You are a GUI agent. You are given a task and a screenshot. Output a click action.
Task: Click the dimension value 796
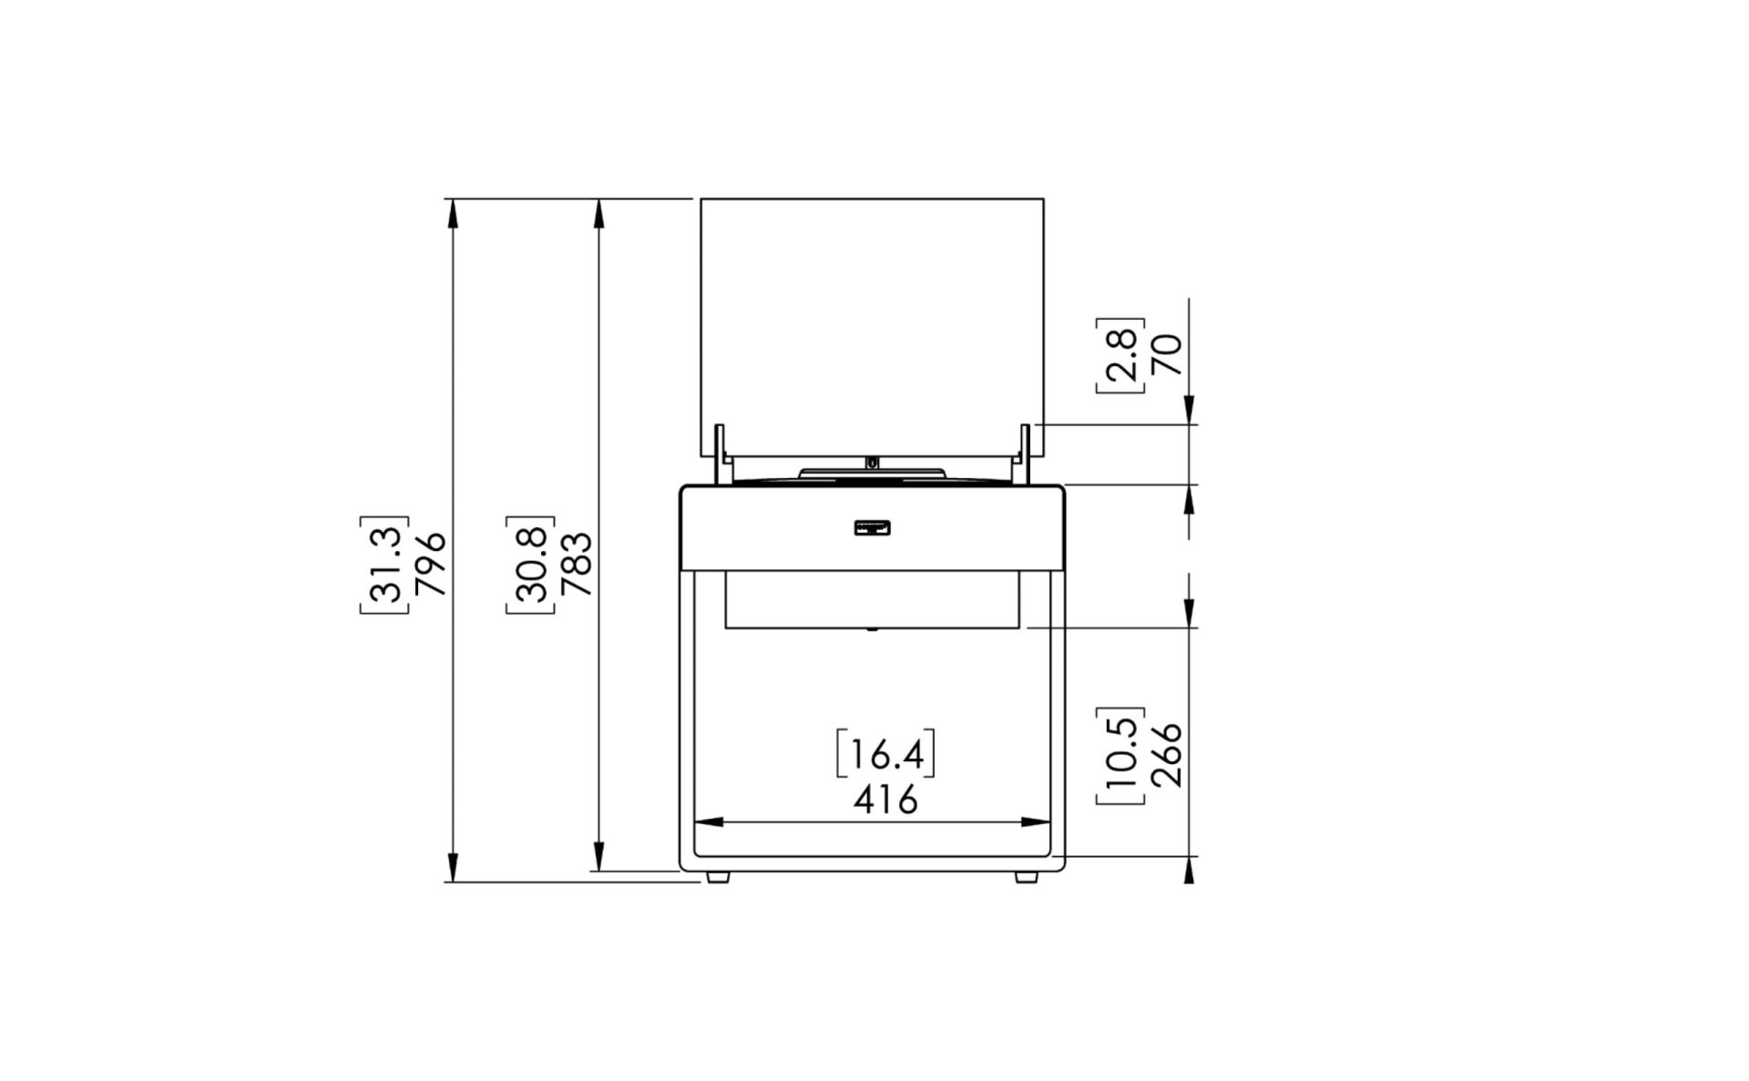430,563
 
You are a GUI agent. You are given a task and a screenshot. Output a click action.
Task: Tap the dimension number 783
577,564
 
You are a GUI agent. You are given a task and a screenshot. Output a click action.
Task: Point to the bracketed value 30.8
531,563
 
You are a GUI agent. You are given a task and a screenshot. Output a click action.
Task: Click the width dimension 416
885,801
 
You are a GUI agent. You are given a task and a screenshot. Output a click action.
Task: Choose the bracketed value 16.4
885,754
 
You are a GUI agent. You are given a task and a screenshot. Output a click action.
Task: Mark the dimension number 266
1166,755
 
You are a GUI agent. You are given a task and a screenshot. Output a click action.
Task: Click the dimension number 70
1166,354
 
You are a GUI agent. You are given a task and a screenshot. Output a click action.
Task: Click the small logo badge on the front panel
872,527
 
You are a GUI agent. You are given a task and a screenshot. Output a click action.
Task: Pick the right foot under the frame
1027,878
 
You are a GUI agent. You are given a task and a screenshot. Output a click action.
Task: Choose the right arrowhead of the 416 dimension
1035,821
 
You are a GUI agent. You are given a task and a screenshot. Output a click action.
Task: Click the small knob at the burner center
873,463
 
